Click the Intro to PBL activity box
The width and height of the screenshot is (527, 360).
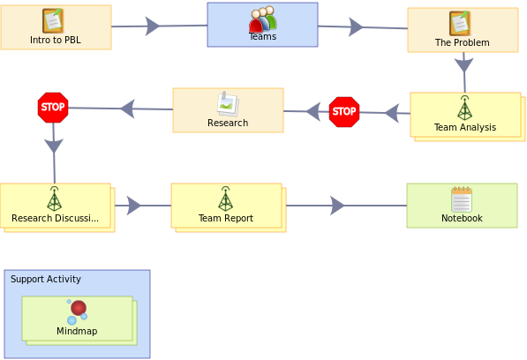coord(56,27)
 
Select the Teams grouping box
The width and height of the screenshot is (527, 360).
coord(262,25)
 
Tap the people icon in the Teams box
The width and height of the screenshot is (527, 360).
coord(263,19)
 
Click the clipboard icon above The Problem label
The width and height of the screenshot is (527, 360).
coord(460,23)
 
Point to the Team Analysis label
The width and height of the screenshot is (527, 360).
coord(465,127)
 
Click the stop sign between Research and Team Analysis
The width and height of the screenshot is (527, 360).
coord(344,112)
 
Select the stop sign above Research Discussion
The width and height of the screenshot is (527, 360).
coord(53,108)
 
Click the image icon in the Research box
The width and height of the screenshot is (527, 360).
coord(228,104)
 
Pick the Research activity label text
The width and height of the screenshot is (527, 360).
coord(228,123)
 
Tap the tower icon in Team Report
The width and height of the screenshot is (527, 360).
coord(225,199)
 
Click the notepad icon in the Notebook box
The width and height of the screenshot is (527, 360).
coord(462,199)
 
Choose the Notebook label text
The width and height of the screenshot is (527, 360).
coord(462,218)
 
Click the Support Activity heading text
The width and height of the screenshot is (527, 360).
coord(46,279)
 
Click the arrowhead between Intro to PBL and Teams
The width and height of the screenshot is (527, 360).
coord(152,26)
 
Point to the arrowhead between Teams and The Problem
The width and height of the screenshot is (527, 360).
coord(356,26)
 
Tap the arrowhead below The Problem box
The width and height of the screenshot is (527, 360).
coord(463,64)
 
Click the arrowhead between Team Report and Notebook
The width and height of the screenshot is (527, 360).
coord(337,206)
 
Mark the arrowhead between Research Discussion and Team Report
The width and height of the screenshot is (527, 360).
coord(134,206)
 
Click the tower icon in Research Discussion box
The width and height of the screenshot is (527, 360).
coord(54,199)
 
